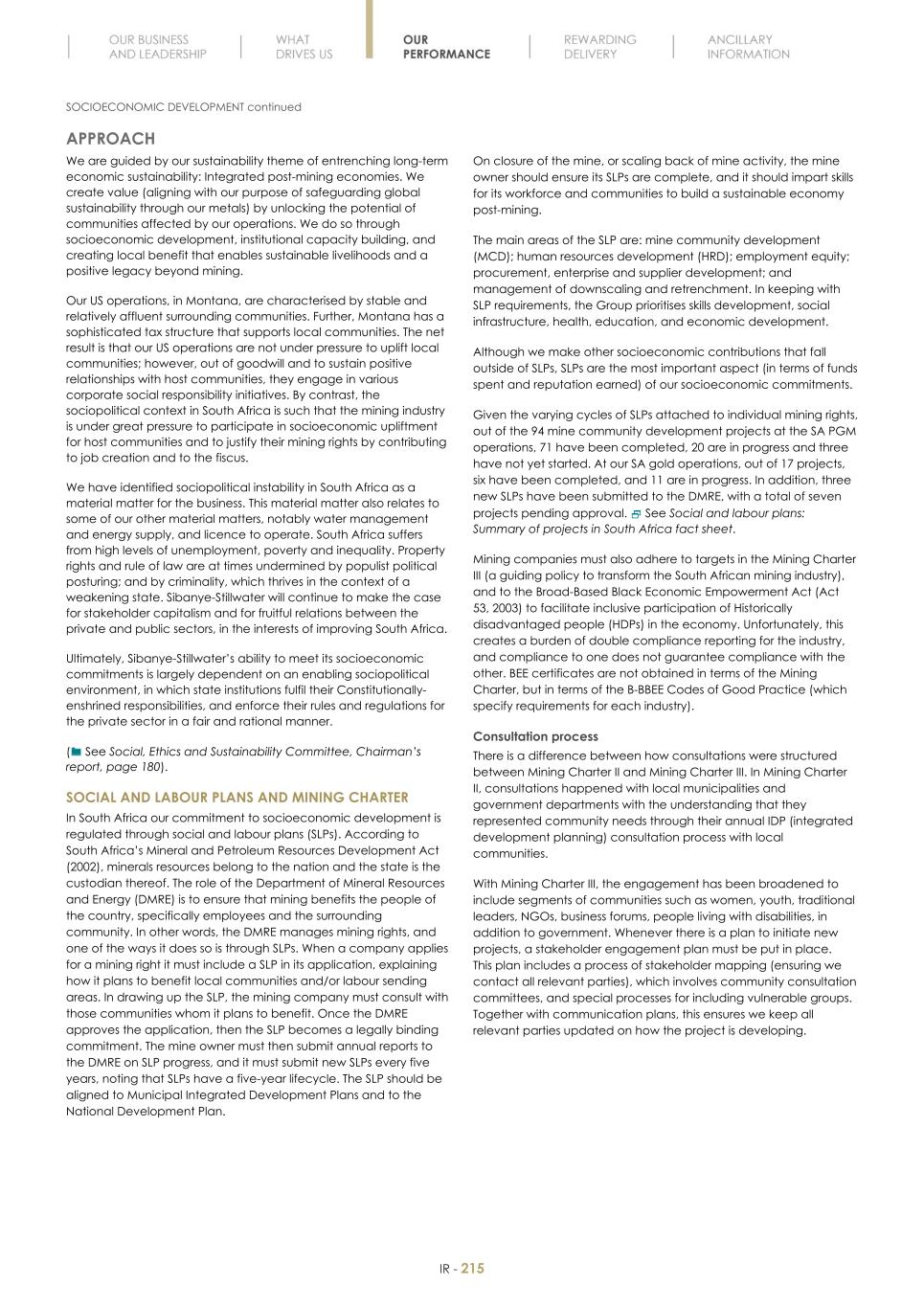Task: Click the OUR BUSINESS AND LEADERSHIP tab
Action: coord(157,47)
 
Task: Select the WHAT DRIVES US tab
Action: coord(304,47)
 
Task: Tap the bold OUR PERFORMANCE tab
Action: coord(445,47)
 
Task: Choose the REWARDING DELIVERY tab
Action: coord(599,47)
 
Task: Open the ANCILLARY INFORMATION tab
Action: coord(748,47)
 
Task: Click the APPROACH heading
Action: coord(110,139)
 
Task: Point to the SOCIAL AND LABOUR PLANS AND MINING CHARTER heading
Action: coord(237,797)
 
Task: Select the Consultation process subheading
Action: coord(535,736)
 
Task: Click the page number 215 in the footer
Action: coord(473,1269)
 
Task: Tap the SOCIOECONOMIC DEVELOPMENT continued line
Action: coord(183,107)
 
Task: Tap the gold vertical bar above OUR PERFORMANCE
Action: coord(370,29)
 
